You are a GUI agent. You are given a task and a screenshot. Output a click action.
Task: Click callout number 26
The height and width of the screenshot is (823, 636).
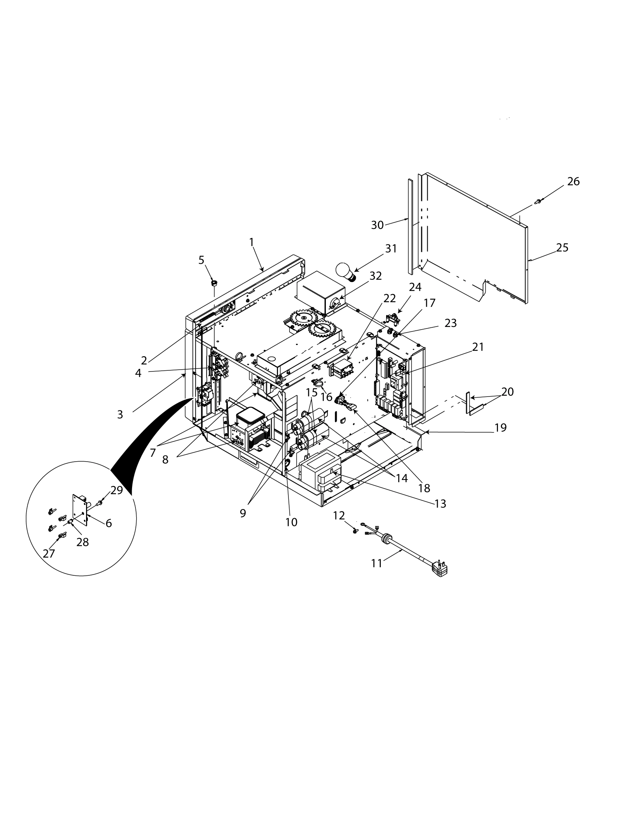coord(573,182)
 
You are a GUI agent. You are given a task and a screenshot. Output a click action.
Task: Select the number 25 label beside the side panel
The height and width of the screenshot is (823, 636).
coord(562,248)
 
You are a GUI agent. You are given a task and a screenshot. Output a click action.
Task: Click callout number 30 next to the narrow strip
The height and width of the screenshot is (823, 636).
coord(377,225)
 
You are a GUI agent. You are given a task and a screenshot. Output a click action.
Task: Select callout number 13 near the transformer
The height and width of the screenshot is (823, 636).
coord(440,504)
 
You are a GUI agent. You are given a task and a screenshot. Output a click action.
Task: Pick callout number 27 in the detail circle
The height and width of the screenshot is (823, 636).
coord(49,554)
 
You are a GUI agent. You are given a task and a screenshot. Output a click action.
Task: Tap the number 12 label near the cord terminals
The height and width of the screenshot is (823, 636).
coord(339,516)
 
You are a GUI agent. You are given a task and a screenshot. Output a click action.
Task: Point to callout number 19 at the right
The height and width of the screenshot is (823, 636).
coord(500,428)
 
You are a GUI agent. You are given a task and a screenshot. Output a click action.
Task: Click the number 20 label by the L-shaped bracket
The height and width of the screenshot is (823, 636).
coord(507,392)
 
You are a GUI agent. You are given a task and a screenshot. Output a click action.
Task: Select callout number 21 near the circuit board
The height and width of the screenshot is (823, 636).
coord(478,347)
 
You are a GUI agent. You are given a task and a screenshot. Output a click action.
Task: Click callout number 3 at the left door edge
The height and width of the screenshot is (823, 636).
coord(120,414)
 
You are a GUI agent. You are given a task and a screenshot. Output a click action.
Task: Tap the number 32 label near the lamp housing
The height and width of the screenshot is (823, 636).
coord(375,276)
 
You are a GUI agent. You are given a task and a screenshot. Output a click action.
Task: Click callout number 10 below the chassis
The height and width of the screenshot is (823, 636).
coord(291,522)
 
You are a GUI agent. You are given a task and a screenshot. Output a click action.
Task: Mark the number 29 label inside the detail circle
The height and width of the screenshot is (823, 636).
coord(116,490)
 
